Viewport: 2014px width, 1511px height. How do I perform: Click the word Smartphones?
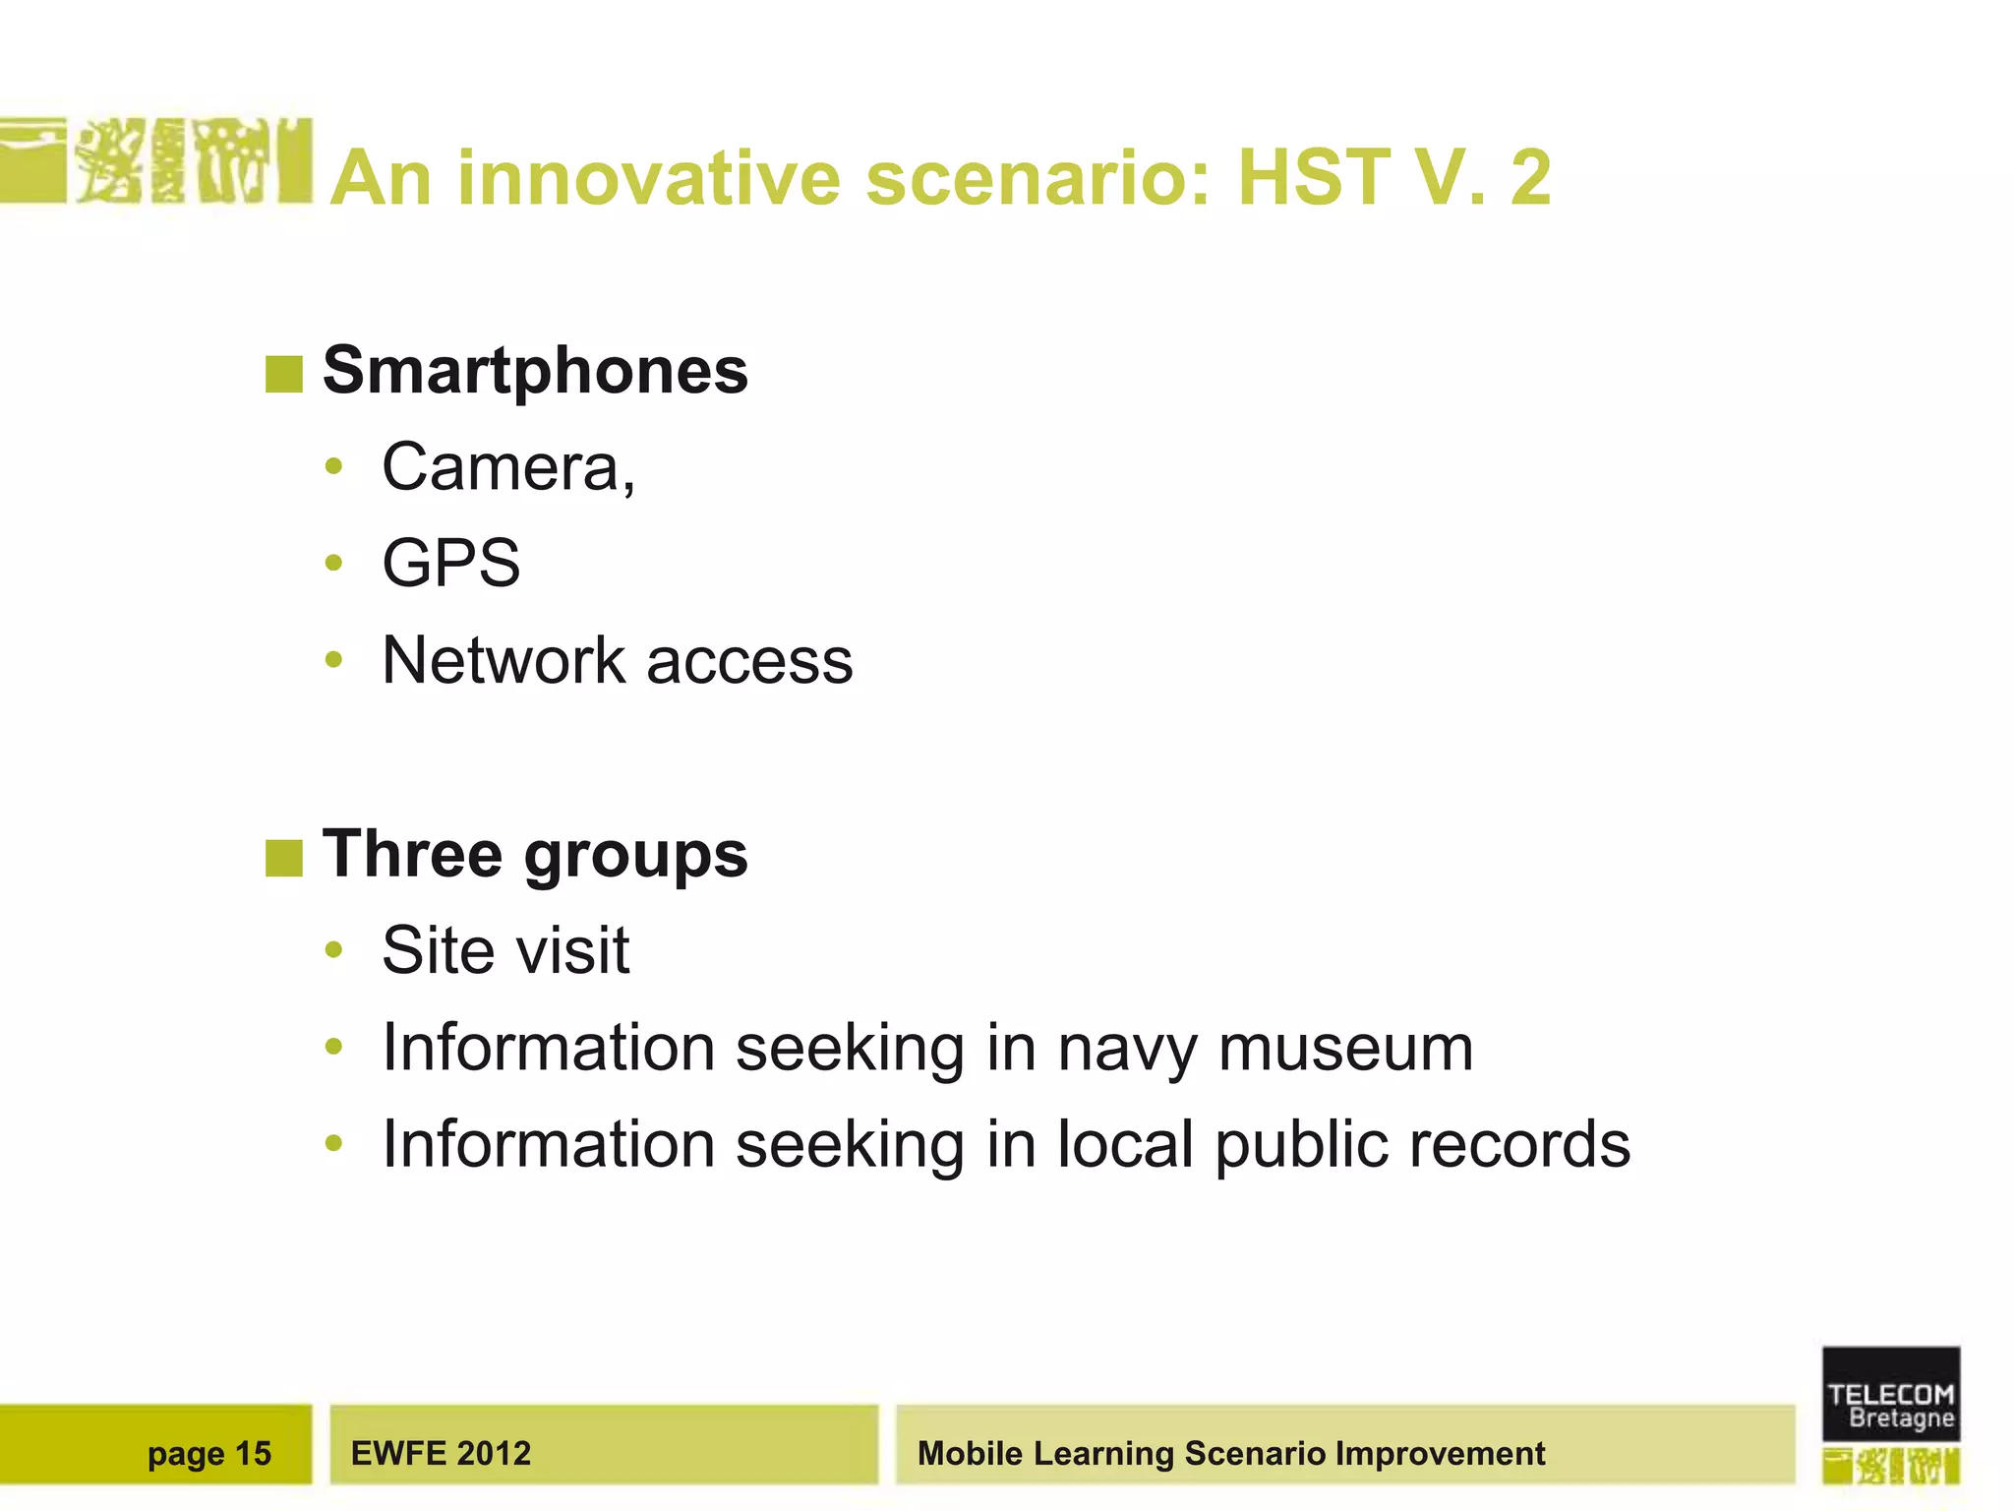(x=535, y=371)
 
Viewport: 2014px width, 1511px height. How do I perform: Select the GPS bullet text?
(x=450, y=564)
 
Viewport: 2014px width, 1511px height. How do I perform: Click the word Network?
(x=503, y=660)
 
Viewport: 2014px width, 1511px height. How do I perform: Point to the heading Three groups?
(x=535, y=854)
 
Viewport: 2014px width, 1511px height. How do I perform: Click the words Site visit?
(x=505, y=951)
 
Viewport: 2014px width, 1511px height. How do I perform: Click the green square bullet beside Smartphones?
(x=283, y=375)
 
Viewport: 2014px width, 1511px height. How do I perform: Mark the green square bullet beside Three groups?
(x=283, y=858)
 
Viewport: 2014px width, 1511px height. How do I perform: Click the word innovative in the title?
(x=649, y=179)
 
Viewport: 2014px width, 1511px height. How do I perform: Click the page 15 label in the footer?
(x=208, y=1453)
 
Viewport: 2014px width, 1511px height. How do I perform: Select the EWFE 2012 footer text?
(x=441, y=1453)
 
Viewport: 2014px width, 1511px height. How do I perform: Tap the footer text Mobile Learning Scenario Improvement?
(x=1230, y=1453)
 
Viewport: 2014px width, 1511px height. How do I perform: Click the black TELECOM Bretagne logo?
(x=1890, y=1394)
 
